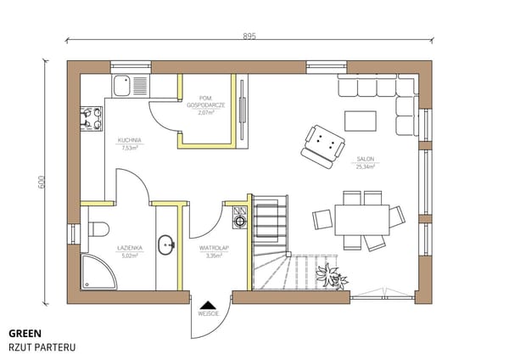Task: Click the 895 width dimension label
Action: [249, 36]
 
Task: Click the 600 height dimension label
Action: [42, 182]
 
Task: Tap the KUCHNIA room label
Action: [130, 140]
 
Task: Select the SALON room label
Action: [366, 159]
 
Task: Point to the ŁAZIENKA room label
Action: [130, 248]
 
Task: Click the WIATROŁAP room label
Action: [214, 248]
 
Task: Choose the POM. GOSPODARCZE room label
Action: [206, 101]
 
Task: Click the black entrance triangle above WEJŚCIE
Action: [208, 305]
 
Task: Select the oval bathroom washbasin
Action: [166, 245]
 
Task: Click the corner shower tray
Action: [98, 273]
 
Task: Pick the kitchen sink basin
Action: [122, 86]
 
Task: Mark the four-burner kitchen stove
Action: [92, 119]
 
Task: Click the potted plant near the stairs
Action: [332, 277]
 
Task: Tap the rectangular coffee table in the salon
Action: [361, 121]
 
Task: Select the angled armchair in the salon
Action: [322, 147]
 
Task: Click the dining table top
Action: [362, 220]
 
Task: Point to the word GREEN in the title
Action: [25, 334]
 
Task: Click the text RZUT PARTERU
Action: [42, 347]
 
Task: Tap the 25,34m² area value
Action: [366, 166]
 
